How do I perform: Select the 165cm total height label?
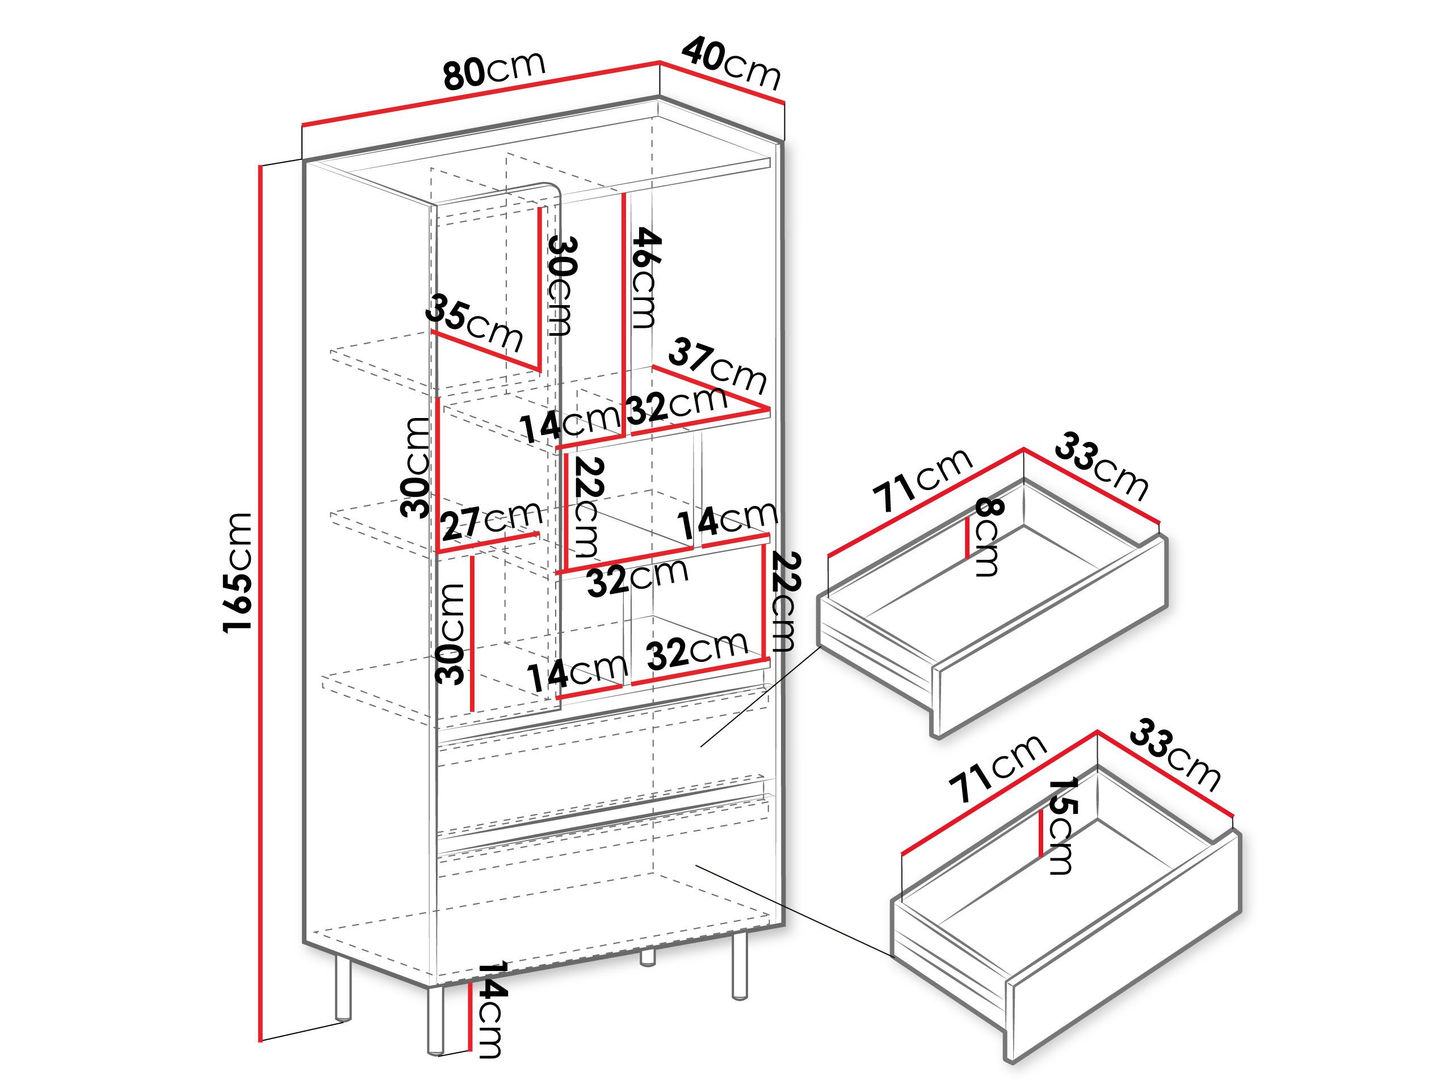tap(237, 572)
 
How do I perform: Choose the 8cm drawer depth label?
tap(987, 537)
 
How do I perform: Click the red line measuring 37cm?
tap(711, 388)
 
